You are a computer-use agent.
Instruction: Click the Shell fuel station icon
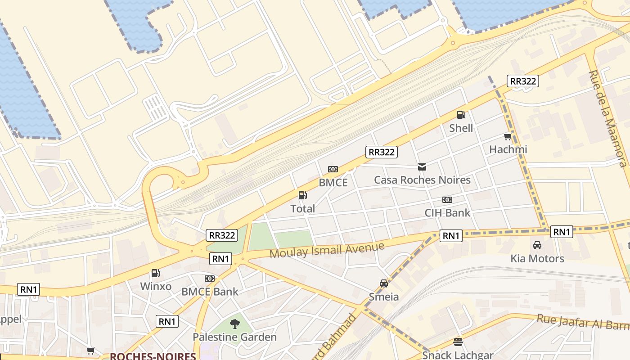click(x=461, y=115)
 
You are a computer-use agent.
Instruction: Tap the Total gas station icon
click(x=303, y=195)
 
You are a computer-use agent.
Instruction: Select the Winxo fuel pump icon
click(x=156, y=273)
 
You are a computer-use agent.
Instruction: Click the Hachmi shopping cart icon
click(x=508, y=137)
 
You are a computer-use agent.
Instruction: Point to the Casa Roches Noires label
click(x=422, y=180)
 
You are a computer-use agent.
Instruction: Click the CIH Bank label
click(x=447, y=213)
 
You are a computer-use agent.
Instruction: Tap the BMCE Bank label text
click(x=210, y=292)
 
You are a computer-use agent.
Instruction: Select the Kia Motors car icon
click(x=537, y=246)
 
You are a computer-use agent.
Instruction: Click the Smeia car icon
click(x=384, y=283)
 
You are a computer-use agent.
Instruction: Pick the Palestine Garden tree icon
click(x=234, y=324)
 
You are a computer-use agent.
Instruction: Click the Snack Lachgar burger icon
click(x=458, y=342)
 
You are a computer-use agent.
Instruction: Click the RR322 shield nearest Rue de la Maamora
click(x=522, y=81)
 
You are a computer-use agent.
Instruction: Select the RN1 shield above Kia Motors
click(x=562, y=232)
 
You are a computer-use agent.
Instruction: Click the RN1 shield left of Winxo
click(x=29, y=289)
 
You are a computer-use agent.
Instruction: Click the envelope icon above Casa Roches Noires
click(x=422, y=167)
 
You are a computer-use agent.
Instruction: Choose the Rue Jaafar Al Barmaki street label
click(x=583, y=321)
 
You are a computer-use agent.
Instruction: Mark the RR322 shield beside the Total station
click(x=382, y=152)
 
